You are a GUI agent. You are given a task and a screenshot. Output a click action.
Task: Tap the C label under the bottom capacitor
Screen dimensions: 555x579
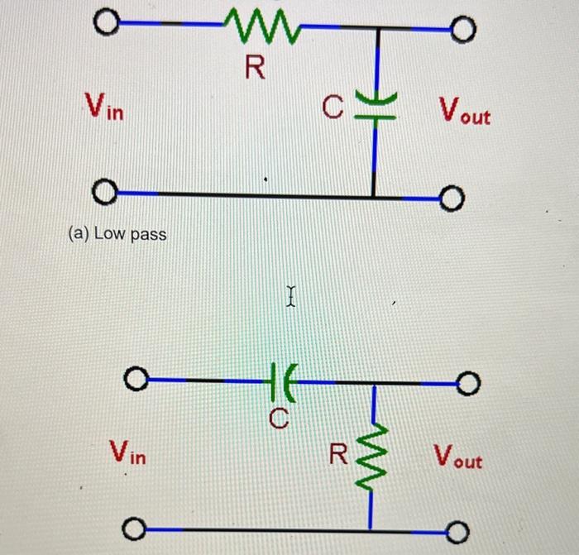(x=280, y=420)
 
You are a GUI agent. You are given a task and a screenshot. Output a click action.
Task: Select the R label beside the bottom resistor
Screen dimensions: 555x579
(x=338, y=454)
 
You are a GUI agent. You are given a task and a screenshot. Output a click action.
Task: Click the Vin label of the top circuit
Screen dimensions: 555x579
(x=104, y=107)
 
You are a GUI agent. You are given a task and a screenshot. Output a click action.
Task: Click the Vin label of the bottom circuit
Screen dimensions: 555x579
(x=128, y=452)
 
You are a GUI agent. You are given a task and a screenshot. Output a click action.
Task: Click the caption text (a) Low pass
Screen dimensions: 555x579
(x=117, y=234)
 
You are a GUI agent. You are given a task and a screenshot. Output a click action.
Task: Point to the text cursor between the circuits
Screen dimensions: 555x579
(x=290, y=294)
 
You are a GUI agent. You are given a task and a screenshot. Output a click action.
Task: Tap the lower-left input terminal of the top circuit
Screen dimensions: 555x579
(x=102, y=194)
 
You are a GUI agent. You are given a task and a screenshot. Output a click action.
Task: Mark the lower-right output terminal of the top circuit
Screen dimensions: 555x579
(x=452, y=199)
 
